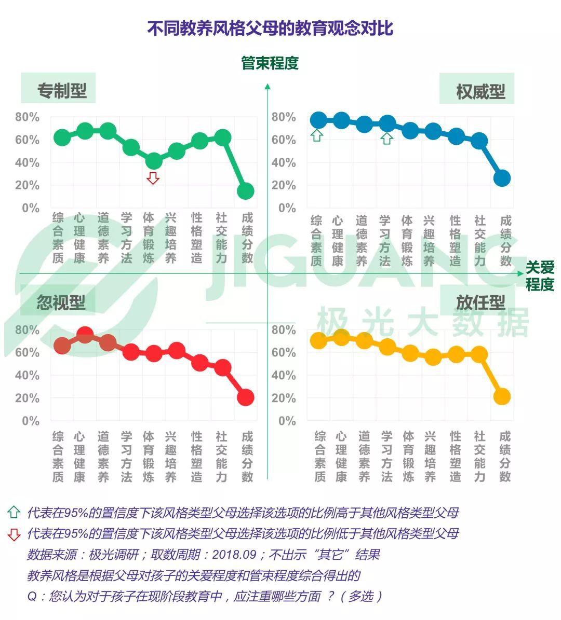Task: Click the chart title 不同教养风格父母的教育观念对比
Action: (x=270, y=28)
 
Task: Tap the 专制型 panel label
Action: (x=62, y=91)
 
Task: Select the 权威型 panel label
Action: (x=480, y=92)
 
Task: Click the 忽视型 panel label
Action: (x=61, y=302)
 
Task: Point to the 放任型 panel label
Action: (x=480, y=302)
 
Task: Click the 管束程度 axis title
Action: (x=270, y=63)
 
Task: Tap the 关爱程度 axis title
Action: (x=540, y=276)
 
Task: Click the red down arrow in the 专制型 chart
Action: (x=153, y=178)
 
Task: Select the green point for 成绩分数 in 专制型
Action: (x=245, y=191)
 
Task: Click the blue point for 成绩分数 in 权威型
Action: (x=502, y=178)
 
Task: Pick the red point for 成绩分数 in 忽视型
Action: (x=245, y=397)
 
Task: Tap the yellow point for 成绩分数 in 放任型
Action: (x=502, y=397)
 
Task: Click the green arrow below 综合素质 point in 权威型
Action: (x=317, y=136)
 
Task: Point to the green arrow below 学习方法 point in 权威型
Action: (x=386, y=138)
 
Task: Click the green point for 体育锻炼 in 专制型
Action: (x=153, y=161)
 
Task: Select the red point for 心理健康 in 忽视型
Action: (x=85, y=336)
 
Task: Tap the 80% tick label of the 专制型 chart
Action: (x=27, y=117)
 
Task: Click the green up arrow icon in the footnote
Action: (x=14, y=513)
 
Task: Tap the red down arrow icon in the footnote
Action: (x=14, y=534)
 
